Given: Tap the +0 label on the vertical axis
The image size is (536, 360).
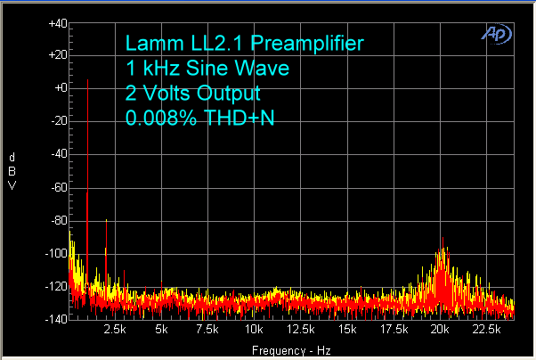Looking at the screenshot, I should coord(58,88).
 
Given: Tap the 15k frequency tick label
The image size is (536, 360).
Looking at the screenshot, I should coord(347,331).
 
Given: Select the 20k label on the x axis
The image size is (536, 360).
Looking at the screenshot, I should coord(440,331).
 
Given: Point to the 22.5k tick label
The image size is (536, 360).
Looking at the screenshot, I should coord(485,331).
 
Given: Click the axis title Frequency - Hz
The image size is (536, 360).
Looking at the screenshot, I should coord(291,349).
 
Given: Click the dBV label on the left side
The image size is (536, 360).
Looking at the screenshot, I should coord(11,171).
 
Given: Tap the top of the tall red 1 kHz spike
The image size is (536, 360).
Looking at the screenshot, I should coord(87,80).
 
